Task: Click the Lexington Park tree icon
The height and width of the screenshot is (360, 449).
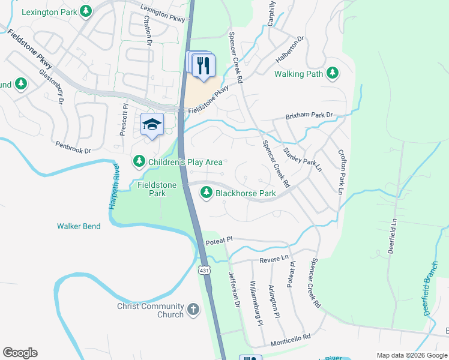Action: [x=86, y=11]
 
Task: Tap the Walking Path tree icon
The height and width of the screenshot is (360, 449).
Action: [x=332, y=74]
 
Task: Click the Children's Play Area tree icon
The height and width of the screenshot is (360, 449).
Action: [x=139, y=161]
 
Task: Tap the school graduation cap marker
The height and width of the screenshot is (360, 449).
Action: [x=152, y=124]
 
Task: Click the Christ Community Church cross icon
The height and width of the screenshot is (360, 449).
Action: [x=193, y=310]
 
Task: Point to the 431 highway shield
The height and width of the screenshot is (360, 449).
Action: [x=204, y=270]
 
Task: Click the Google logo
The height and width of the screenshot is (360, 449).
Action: [x=20, y=353]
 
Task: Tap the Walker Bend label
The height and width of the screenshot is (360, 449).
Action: [x=79, y=226]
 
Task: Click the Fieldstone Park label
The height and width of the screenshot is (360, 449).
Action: [x=157, y=190]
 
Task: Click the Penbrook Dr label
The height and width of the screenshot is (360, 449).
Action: [x=72, y=146]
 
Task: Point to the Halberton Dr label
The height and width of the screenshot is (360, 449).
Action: [x=290, y=48]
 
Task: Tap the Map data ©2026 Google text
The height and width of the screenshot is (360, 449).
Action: [x=411, y=355]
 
